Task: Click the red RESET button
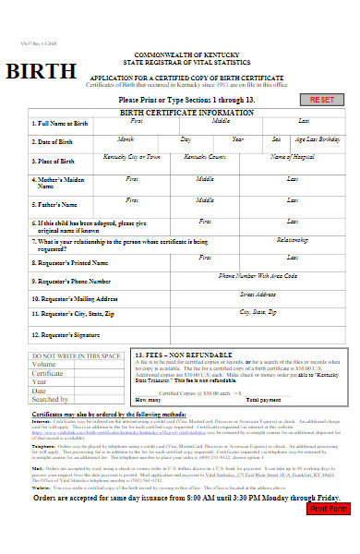pos(322,99)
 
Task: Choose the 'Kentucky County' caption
pos(205,157)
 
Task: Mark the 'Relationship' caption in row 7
pos(292,239)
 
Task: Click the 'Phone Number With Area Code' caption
pos(258,276)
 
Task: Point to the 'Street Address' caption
pos(258,294)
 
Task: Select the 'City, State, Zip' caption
pos(258,313)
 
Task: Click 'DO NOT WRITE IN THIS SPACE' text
pos(77,355)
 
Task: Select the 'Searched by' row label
pos(51,399)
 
